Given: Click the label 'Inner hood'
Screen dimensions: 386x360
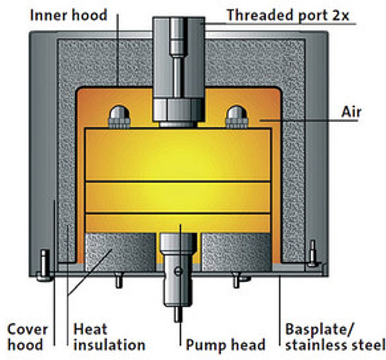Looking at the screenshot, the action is (x=68, y=15).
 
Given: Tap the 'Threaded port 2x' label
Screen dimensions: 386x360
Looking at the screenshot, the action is (x=288, y=15).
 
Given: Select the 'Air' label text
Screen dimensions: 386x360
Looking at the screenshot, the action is (x=351, y=112).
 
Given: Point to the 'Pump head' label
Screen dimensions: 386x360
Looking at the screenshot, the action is (x=225, y=345).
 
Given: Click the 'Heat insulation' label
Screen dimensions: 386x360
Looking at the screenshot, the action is (x=109, y=337).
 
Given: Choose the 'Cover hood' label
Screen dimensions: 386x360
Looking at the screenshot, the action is (x=27, y=337).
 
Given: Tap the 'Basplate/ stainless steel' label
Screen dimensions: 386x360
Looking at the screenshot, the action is (x=335, y=337).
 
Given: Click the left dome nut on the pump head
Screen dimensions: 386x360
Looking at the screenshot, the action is (x=120, y=117).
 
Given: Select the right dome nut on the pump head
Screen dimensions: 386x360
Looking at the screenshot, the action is (x=237, y=117).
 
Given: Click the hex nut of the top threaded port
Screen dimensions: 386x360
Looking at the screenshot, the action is (x=178, y=110).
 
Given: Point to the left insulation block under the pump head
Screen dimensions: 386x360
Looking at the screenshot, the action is (x=120, y=252).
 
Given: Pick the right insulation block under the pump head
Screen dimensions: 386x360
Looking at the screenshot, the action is (x=237, y=252).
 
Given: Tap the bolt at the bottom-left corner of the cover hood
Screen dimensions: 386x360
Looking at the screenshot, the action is (x=44, y=265).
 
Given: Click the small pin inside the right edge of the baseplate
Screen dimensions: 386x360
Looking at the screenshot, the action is (x=313, y=253).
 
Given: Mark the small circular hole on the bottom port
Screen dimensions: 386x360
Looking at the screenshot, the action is (x=178, y=271).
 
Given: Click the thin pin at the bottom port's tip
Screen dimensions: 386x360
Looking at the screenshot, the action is (x=178, y=314).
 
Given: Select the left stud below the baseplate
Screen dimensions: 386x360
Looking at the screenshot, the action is (x=118, y=280).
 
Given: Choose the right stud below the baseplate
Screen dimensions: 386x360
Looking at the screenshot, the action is (x=237, y=280).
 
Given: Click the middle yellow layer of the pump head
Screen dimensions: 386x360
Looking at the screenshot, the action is (x=178, y=197).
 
